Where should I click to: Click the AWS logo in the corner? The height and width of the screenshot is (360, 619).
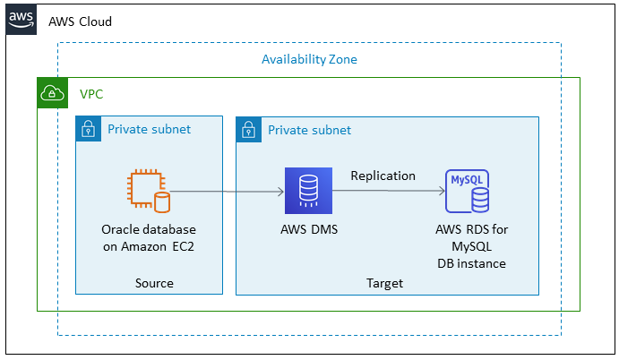21,20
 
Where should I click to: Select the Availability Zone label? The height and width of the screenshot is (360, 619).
309,60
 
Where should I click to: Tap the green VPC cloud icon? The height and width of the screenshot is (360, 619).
53,93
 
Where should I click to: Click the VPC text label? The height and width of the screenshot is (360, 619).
92,94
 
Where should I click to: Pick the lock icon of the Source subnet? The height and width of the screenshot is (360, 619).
89,129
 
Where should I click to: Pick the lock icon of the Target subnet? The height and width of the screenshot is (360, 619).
249,130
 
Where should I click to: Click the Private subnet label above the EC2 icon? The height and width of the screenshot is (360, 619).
149,129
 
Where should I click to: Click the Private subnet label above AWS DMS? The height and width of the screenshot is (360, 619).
309,130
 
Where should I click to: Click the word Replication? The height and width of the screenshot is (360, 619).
383,176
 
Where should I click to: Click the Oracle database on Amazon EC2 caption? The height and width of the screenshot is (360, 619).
149,238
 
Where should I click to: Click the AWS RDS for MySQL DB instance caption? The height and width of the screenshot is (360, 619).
471,246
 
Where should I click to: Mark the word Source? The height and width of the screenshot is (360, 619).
154,283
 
